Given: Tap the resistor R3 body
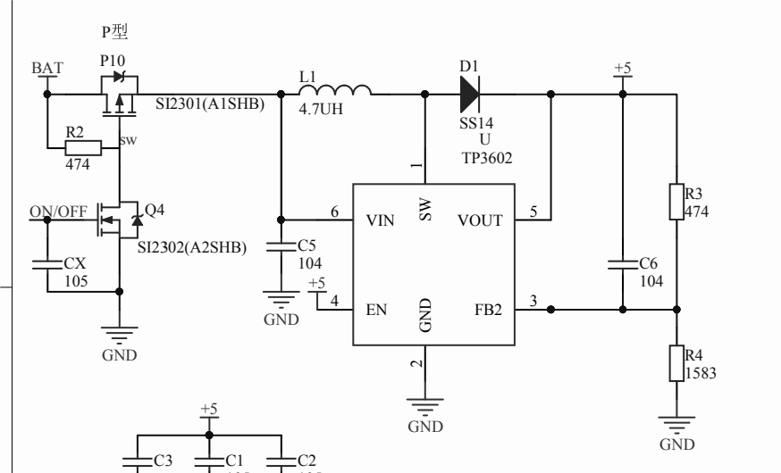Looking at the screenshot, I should click(676, 202).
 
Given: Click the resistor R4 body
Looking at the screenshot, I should click(676, 364).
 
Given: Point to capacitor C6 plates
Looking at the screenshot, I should click(622, 264).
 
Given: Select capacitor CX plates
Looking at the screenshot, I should click(46, 264).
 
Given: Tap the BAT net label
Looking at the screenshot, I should click(46, 69).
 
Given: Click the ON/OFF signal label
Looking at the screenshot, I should click(59, 211).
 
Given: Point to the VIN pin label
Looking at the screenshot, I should click(381, 220).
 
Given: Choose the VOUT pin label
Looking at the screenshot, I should click(480, 220).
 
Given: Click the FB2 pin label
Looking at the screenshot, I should click(488, 311).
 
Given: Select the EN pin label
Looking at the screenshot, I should click(376, 311).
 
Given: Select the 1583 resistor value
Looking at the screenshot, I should click(701, 374).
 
